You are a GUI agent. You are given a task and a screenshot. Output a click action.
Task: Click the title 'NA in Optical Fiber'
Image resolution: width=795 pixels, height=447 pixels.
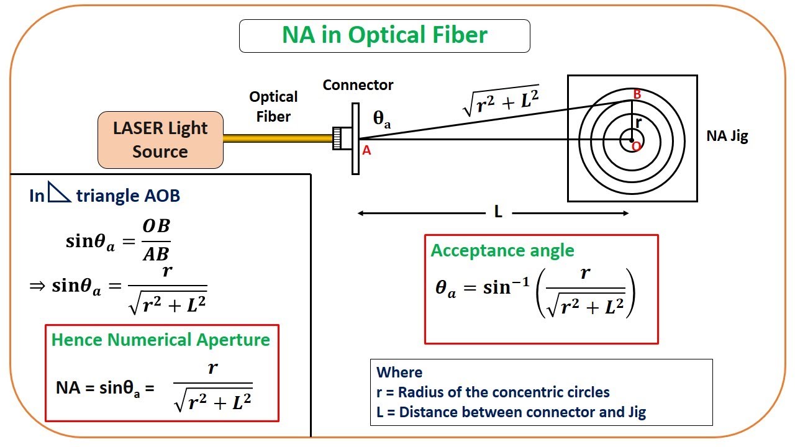384,35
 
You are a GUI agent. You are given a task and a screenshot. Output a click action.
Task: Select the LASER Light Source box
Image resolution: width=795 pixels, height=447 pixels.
160,140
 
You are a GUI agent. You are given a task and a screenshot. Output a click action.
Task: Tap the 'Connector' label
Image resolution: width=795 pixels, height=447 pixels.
358,85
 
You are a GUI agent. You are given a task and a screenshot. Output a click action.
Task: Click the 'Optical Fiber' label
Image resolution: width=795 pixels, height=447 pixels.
273,106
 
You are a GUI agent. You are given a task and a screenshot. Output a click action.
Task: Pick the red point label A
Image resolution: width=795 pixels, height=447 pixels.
366,150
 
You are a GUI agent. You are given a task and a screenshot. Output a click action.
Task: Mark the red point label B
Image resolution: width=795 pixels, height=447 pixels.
637,94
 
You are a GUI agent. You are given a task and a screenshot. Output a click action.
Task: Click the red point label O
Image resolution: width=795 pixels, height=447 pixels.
635,147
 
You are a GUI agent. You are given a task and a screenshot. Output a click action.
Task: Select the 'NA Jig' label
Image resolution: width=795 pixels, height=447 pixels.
727,137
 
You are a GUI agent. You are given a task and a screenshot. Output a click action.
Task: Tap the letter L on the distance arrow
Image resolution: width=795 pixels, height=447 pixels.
498,212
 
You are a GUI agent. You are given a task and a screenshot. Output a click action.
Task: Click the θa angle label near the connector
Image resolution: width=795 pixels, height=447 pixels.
382,120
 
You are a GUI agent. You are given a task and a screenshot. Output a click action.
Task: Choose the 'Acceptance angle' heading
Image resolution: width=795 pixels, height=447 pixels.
502,250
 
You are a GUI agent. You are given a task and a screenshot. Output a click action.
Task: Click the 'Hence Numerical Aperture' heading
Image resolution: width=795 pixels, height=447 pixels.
160,340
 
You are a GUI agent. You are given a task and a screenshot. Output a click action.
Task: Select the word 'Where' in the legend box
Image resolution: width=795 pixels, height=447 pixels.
399,372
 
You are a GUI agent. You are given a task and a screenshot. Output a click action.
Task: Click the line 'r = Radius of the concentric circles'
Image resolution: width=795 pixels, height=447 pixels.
493,392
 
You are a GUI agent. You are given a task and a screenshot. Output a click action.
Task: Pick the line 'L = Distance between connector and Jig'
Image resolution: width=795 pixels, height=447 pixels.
511,412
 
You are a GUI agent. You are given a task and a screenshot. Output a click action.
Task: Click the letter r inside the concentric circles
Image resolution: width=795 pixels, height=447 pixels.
638,122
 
